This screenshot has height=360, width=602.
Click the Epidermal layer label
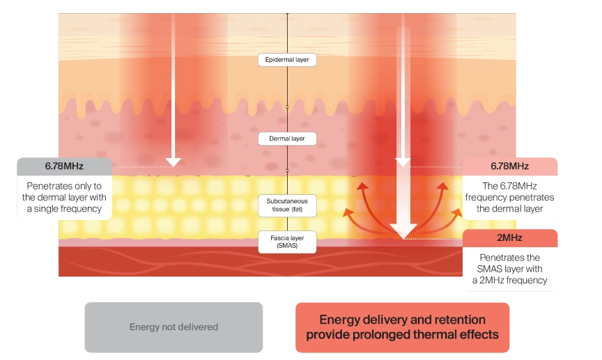(287, 60)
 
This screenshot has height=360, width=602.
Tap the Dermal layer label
(287, 139)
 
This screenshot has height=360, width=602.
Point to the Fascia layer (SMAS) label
(287, 242)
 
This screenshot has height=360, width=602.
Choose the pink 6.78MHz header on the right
(510, 166)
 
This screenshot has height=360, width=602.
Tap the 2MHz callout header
(511, 237)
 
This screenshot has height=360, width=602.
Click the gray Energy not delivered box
(174, 327)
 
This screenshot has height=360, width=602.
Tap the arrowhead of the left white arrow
(173, 162)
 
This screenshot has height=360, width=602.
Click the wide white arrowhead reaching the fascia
(403, 230)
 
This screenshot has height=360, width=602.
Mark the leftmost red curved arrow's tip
(345, 208)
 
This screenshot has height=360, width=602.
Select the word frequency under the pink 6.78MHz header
(493, 197)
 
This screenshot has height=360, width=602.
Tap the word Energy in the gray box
(144, 327)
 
